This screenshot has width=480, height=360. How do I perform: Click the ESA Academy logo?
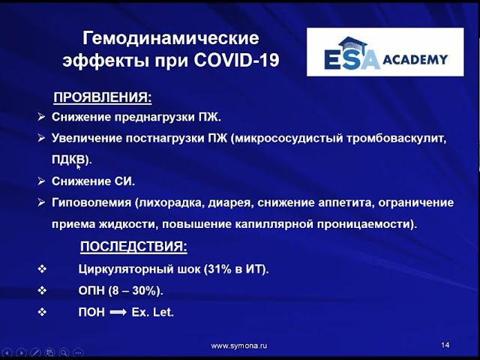pos(385,52)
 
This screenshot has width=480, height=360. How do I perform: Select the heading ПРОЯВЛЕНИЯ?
pos(102,97)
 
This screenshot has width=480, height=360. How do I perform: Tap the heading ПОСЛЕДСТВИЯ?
pos(133,247)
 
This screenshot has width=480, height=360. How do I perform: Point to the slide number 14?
pos(445,345)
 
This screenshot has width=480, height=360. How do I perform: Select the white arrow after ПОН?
pos(118,311)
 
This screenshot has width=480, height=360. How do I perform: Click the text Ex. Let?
pos(153,311)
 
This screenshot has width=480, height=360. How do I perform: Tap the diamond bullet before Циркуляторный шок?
pos(42,269)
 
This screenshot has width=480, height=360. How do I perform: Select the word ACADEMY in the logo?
pos(415,59)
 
